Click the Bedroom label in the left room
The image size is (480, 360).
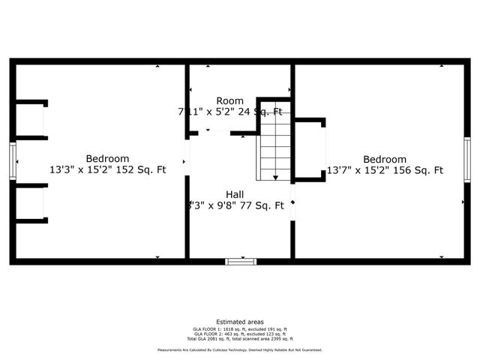(107, 158)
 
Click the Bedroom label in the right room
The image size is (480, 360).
(385, 159)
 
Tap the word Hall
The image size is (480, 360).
(235, 194)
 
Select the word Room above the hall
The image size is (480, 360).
(229, 100)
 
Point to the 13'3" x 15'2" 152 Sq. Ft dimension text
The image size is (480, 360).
(107, 170)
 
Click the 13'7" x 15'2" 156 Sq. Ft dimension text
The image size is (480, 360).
(385, 170)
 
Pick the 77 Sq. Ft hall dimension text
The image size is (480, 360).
(235, 205)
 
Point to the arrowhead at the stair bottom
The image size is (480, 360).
(275, 178)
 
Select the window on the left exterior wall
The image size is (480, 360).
(13, 160)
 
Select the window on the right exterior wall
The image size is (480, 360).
(466, 159)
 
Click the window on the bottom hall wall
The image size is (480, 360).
(241, 261)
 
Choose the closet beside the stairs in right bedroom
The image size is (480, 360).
(309, 150)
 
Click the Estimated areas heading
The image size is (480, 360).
(240, 322)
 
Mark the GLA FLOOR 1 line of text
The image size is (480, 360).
(240, 329)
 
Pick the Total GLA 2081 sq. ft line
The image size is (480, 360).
(240, 338)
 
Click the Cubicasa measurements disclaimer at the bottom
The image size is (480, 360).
(240, 350)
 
